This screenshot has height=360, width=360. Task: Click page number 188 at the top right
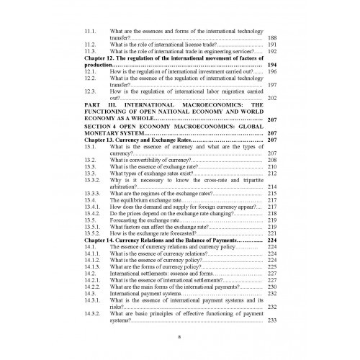(271, 37)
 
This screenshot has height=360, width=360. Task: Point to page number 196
(271, 72)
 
